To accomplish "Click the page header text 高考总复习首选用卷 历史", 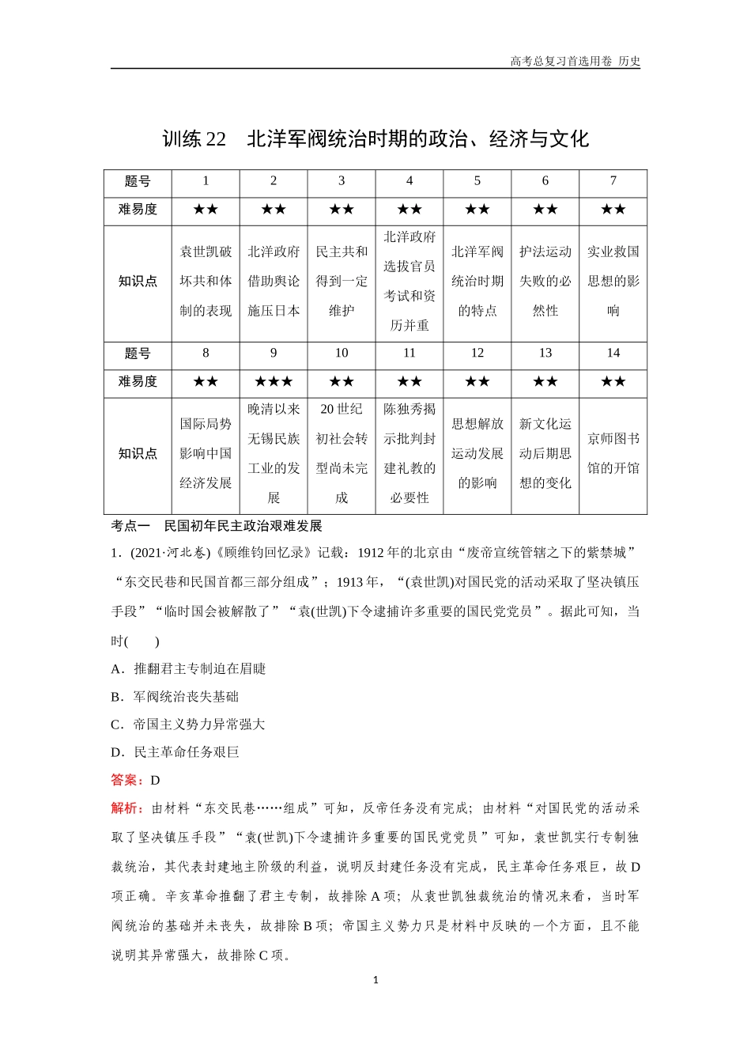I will (x=575, y=61).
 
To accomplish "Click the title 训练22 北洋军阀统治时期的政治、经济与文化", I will (x=375, y=139).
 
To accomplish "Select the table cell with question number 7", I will (x=613, y=181).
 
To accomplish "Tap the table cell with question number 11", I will (x=409, y=354).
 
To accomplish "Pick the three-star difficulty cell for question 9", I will (x=274, y=382).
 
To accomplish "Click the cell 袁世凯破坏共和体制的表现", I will (x=206, y=282).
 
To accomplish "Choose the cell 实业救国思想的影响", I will (x=613, y=282).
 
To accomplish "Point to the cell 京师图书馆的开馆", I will (x=613, y=453).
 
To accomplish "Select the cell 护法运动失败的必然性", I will (x=545, y=282).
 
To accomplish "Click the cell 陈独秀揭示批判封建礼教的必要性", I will (x=409, y=453).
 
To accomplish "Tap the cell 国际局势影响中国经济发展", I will (x=206, y=453).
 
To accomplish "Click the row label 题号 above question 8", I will (x=138, y=354).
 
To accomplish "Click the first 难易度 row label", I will (x=138, y=210).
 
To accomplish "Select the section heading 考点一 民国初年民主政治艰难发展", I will (x=217, y=526).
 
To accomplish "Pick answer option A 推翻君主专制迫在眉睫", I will (x=189, y=669).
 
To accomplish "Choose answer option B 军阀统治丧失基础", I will (x=175, y=697).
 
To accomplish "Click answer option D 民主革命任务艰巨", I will (x=175, y=752).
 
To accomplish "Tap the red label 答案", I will (x=126, y=780).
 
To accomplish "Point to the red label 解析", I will (x=126, y=808).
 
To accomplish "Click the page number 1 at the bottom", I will (x=375, y=980).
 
